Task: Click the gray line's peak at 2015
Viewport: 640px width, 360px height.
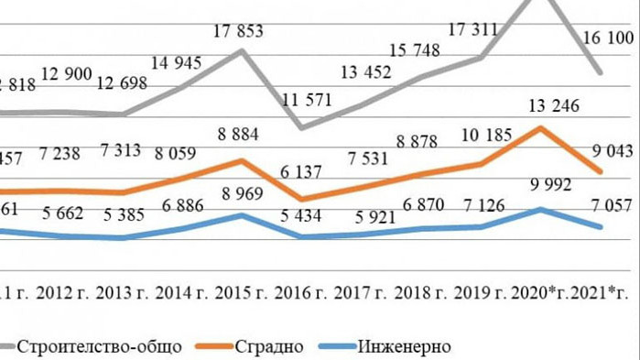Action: (x=242, y=50)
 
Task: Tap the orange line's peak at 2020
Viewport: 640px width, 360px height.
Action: (x=540, y=127)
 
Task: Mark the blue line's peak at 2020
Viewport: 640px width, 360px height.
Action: (x=540, y=209)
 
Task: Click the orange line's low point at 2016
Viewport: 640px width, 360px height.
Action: (x=302, y=199)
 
